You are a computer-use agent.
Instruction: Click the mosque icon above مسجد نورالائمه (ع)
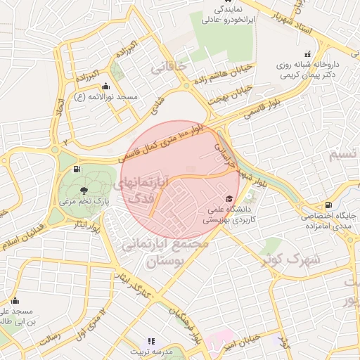pos(105,86)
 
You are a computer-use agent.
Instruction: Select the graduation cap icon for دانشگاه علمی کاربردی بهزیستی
pos(229,199)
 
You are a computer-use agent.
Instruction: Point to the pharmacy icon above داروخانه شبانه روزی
pos(307,54)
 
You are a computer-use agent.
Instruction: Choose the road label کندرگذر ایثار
pos(131,284)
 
